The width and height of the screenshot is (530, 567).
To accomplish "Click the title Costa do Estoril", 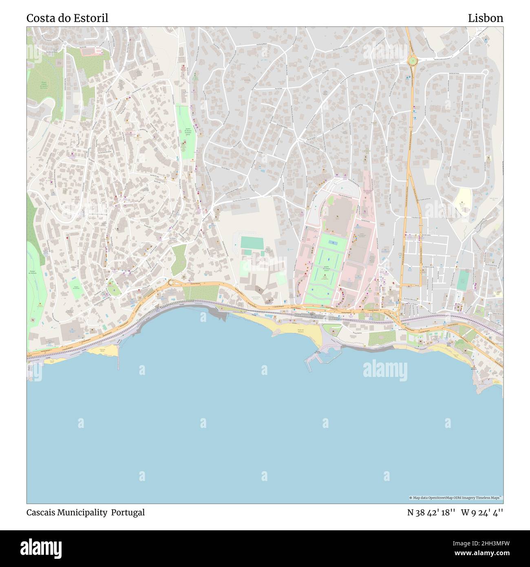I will (x=67, y=18).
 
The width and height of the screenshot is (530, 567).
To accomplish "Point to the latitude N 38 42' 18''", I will (x=431, y=512).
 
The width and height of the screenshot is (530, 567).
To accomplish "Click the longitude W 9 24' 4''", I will (x=482, y=512).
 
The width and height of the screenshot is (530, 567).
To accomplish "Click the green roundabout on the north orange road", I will (x=413, y=61).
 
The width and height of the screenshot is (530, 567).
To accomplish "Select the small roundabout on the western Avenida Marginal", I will (x=170, y=282).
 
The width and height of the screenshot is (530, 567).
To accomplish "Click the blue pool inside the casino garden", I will (x=333, y=242).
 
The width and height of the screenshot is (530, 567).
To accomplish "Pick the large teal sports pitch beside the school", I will (x=252, y=243).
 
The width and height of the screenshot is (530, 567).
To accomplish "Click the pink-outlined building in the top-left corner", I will (x=98, y=50).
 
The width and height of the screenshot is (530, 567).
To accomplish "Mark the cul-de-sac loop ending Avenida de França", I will (x=485, y=72).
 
